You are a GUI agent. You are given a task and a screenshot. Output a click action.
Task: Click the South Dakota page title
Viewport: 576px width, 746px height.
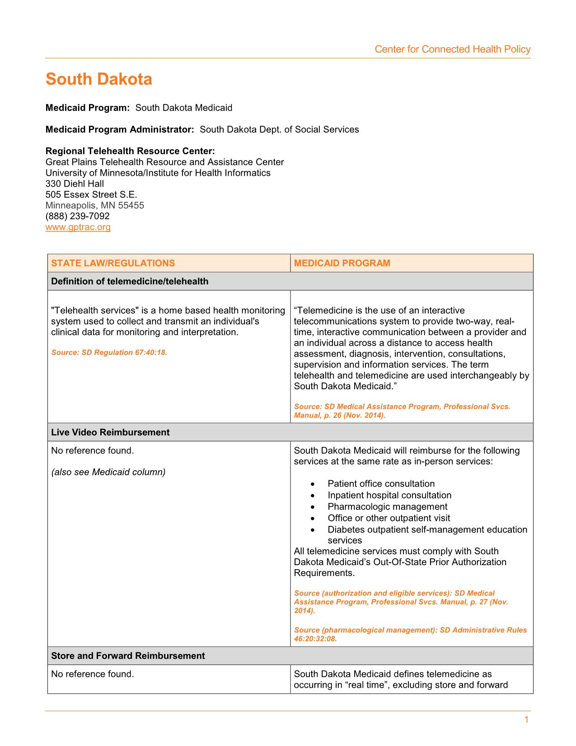tap(99, 80)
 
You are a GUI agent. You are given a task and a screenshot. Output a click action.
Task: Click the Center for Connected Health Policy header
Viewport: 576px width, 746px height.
tap(452, 49)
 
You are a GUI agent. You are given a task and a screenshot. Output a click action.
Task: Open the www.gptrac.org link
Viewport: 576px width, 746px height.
tap(78, 227)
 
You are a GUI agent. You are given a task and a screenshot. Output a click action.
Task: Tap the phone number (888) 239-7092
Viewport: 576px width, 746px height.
tap(77, 216)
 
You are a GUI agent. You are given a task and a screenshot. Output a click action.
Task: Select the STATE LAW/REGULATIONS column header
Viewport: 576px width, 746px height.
tap(113, 263)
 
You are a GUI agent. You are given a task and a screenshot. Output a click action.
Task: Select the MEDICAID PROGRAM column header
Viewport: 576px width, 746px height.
tap(342, 263)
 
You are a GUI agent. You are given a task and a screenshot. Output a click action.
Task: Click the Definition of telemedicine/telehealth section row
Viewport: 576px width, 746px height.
tap(130, 281)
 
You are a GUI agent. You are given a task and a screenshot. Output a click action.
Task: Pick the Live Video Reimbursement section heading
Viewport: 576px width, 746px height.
tap(110, 432)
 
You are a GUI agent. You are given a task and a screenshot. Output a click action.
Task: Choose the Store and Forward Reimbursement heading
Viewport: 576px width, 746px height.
tap(128, 656)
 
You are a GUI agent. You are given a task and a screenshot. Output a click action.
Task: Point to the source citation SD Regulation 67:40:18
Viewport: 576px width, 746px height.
tap(109, 352)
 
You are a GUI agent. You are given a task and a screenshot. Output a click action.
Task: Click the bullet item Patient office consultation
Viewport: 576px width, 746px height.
tap(381, 484)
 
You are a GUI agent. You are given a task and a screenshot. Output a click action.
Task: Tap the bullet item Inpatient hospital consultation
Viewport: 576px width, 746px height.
tap(389, 495)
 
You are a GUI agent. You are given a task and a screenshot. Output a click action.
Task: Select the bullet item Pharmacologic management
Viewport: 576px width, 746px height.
tap(387, 506)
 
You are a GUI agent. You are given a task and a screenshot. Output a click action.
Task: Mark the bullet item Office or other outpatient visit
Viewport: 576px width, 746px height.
tap(389, 518)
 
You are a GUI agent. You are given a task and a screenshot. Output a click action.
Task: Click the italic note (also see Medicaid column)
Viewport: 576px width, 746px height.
tap(108, 472)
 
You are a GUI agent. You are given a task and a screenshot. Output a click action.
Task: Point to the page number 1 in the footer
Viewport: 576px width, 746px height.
tap(526, 720)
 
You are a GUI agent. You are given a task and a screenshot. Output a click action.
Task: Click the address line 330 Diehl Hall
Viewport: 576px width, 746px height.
tap(75, 184)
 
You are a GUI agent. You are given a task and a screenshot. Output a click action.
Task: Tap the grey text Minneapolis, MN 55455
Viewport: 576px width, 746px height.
tap(95, 205)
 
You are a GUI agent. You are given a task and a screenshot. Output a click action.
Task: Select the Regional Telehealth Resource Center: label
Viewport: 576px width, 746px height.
tap(130, 151)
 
